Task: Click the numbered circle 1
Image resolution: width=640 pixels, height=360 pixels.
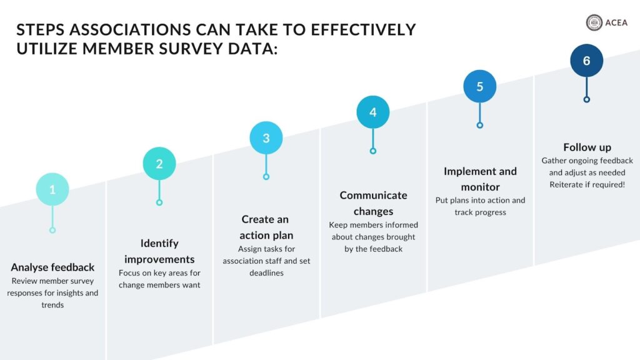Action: pyautogui.click(x=52, y=189)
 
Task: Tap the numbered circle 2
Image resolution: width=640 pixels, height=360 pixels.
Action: pyautogui.click(x=159, y=164)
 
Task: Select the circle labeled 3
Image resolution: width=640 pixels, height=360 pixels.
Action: pyautogui.click(x=266, y=138)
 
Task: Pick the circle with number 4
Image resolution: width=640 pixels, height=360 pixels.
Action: pyautogui.click(x=373, y=112)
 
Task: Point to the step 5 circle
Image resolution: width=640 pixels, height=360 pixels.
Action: pyautogui.click(x=480, y=86)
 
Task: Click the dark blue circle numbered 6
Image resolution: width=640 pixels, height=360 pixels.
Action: pyautogui.click(x=586, y=61)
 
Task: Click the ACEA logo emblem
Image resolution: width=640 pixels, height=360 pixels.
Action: pyautogui.click(x=594, y=23)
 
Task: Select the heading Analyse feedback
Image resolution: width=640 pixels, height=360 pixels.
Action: pyautogui.click(x=52, y=267)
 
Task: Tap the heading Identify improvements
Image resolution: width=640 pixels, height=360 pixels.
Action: pyautogui.click(x=159, y=251)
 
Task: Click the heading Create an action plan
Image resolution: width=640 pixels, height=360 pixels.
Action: pyautogui.click(x=266, y=227)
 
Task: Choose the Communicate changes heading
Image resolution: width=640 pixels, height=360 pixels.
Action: pyautogui.click(x=373, y=203)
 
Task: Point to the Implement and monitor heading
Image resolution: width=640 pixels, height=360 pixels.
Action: pyautogui.click(x=480, y=179)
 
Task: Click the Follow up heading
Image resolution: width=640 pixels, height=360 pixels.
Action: pyautogui.click(x=587, y=147)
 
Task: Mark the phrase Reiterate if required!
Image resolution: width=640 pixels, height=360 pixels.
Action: pyautogui.click(x=587, y=184)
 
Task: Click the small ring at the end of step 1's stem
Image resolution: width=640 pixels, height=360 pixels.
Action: pyautogui.click(x=52, y=230)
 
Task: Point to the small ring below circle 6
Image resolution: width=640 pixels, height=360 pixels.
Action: pyautogui.click(x=586, y=99)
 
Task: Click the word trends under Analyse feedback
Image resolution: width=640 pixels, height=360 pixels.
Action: pyautogui.click(x=52, y=305)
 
